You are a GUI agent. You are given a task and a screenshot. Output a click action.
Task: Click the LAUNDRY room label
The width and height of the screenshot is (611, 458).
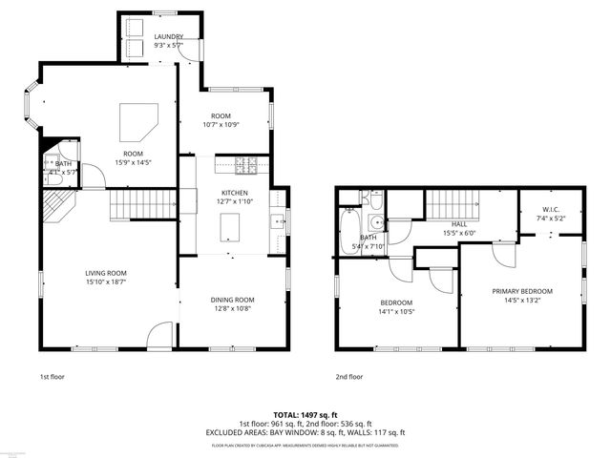coord(169,36)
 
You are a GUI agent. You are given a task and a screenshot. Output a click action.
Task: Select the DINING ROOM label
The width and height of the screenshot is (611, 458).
coord(232,300)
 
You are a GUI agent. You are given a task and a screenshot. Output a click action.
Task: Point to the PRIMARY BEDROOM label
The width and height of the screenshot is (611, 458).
coord(522,291)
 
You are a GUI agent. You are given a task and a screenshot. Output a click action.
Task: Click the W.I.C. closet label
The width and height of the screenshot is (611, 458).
coord(550,210)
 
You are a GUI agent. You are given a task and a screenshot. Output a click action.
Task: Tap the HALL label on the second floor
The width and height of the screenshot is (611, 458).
coord(458,224)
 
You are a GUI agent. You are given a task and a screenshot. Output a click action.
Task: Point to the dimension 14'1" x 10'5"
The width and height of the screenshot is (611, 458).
coord(396,312)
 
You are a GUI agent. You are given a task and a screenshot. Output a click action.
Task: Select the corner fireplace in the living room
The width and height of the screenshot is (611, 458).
coord(58,204)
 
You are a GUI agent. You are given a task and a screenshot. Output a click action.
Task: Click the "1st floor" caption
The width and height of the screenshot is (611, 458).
coord(53,376)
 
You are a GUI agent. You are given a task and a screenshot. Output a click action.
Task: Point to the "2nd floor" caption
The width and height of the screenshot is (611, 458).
coord(349,376)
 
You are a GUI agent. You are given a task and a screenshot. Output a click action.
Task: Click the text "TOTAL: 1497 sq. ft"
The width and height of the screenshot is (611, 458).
coord(305,414)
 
